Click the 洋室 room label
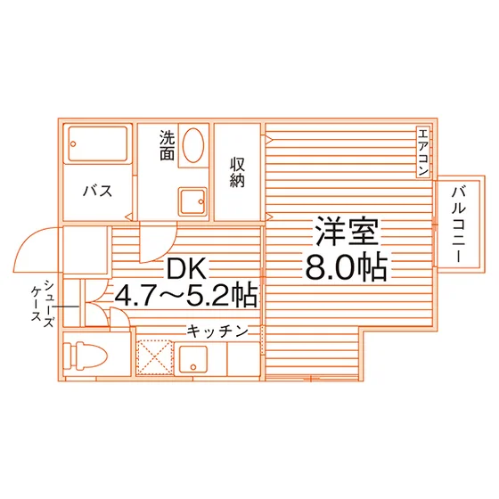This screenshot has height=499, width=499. (347, 232)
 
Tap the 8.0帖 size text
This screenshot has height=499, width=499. (347, 266)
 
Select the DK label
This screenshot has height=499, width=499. (186, 269)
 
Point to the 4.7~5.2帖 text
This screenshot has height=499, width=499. (185, 295)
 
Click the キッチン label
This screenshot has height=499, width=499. (217, 331)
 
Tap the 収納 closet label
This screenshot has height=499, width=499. (237, 172)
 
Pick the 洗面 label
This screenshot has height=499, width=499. (168, 145)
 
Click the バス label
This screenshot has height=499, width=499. (98, 191)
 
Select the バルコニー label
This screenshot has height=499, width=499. (459, 225)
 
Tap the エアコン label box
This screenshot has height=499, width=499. (423, 151)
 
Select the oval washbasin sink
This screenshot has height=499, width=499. (193, 145)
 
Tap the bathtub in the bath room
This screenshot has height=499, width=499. (98, 143)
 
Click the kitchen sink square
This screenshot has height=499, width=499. (193, 359)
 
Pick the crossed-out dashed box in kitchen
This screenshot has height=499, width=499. (155, 357)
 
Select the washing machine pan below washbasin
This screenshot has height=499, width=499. (192, 201)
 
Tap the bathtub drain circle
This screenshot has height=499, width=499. (73, 143)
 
